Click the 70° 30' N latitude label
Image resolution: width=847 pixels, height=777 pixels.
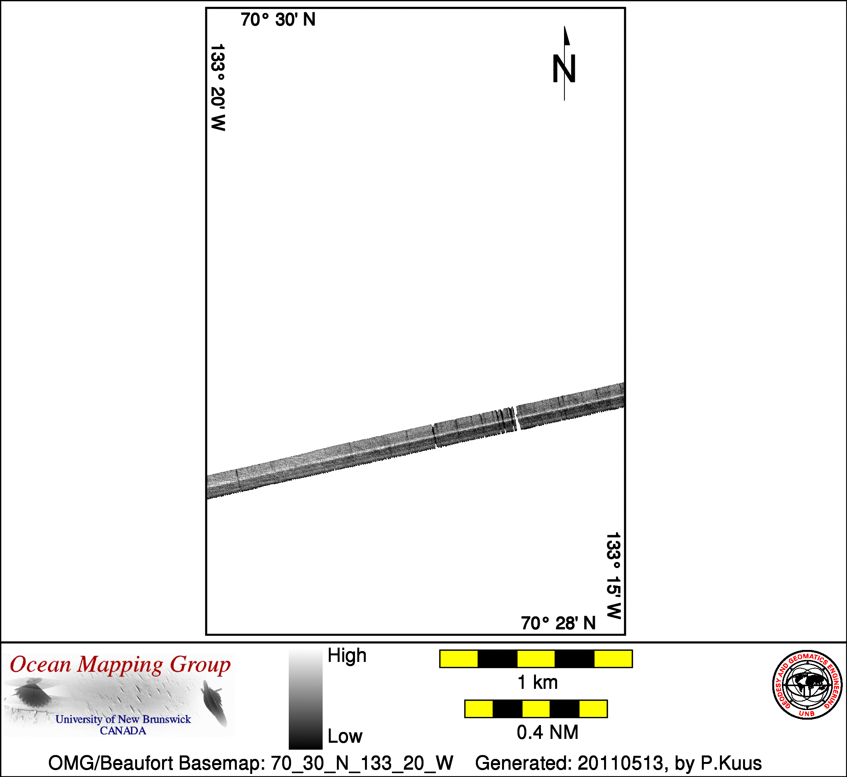click(x=278, y=20)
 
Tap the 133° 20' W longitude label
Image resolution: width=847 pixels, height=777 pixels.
click(x=218, y=87)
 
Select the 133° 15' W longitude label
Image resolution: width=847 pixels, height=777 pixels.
click(x=613, y=576)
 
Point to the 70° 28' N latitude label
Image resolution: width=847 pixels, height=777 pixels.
click(x=558, y=623)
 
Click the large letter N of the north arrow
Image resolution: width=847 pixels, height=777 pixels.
click(x=564, y=69)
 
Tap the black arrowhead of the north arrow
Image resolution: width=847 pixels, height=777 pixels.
click(x=567, y=36)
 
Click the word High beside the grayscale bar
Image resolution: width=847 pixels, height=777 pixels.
click(x=347, y=655)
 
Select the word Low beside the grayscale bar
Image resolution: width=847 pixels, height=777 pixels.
click(x=345, y=736)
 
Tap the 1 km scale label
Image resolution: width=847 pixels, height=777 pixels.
click(x=537, y=682)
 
